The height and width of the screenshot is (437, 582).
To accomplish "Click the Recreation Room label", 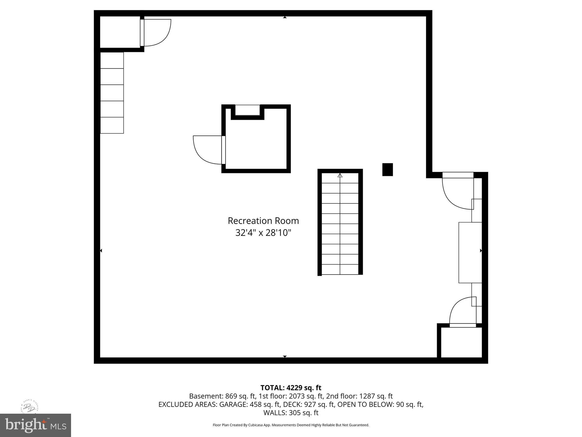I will (263, 221).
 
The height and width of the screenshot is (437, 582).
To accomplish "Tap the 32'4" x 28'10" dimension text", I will (263, 233).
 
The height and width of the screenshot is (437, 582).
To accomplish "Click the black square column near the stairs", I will (387, 170).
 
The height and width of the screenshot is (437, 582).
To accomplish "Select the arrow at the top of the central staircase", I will (340, 176).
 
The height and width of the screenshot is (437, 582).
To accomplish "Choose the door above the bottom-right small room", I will (463, 312).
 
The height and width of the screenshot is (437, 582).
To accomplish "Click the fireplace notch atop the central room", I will (248, 110).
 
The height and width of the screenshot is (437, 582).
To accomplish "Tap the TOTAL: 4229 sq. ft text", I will (291, 388).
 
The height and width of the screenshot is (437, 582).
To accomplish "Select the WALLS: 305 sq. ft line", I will (291, 413).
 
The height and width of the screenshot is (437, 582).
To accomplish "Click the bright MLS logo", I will (36, 425).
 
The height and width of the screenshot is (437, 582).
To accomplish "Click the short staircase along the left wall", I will (112, 93).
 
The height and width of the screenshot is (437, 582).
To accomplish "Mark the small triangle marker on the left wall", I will (101, 251).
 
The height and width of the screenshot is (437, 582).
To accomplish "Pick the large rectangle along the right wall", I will (470, 253).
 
